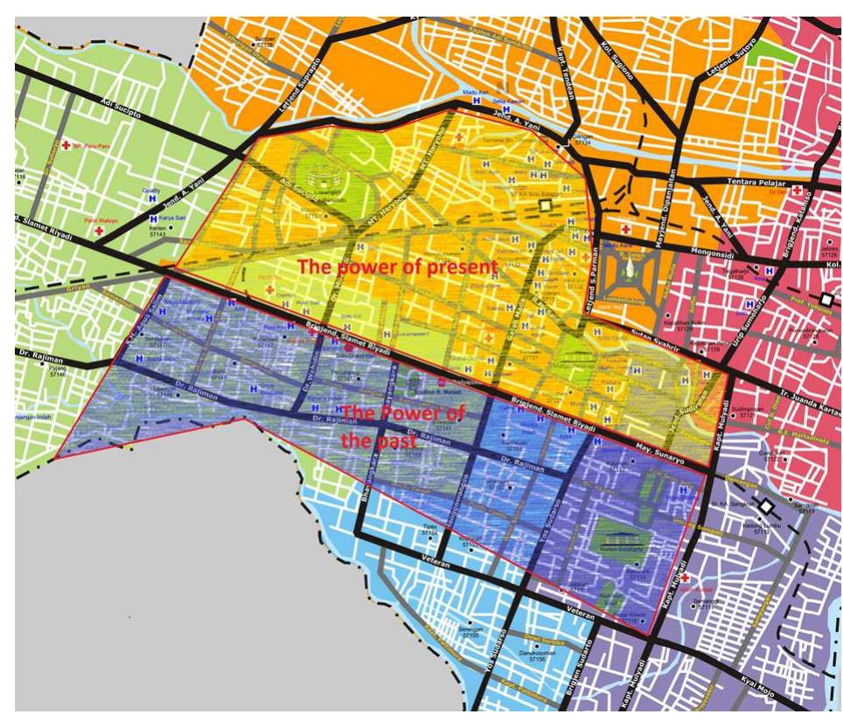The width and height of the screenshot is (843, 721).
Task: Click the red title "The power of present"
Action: (398, 265)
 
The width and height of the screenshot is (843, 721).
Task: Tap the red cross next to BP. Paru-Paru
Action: (65, 144)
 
